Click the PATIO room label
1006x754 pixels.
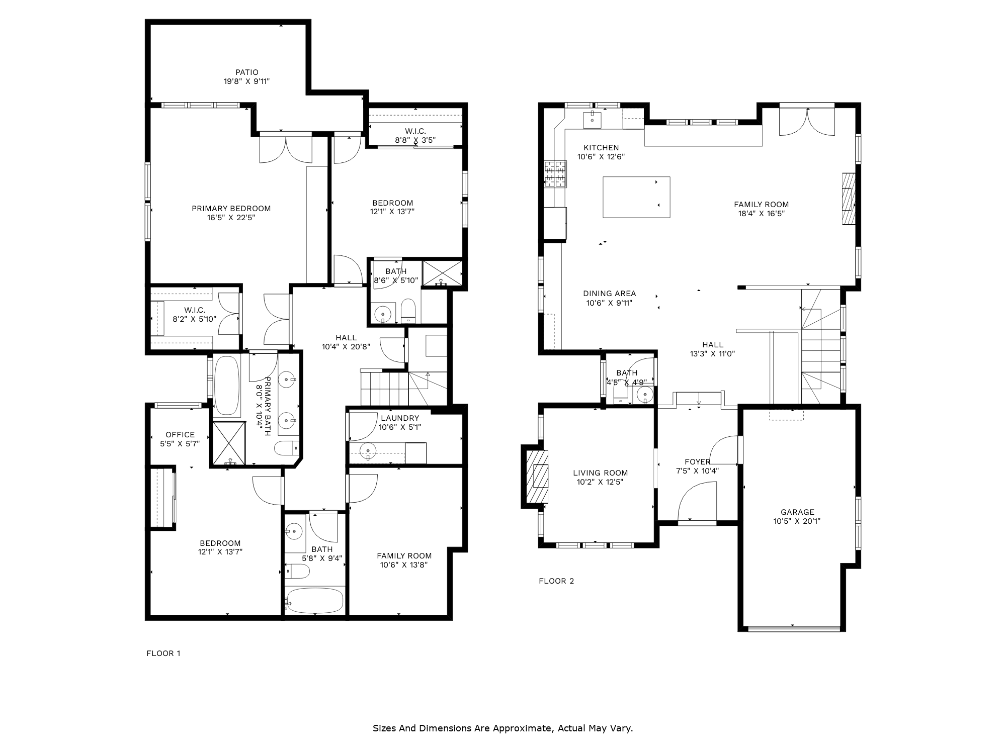click(x=246, y=72)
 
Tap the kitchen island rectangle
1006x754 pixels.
click(x=636, y=197)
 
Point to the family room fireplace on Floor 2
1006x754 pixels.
click(x=849, y=199)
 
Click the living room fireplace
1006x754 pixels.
click(x=537, y=476)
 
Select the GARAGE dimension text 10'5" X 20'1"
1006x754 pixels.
click(x=797, y=521)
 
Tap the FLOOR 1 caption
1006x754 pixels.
click(x=163, y=653)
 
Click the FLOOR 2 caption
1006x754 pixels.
click(x=556, y=581)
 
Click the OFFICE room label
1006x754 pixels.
click(x=180, y=435)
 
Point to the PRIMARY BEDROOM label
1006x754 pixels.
click(x=231, y=209)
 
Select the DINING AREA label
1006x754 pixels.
click(x=609, y=294)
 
